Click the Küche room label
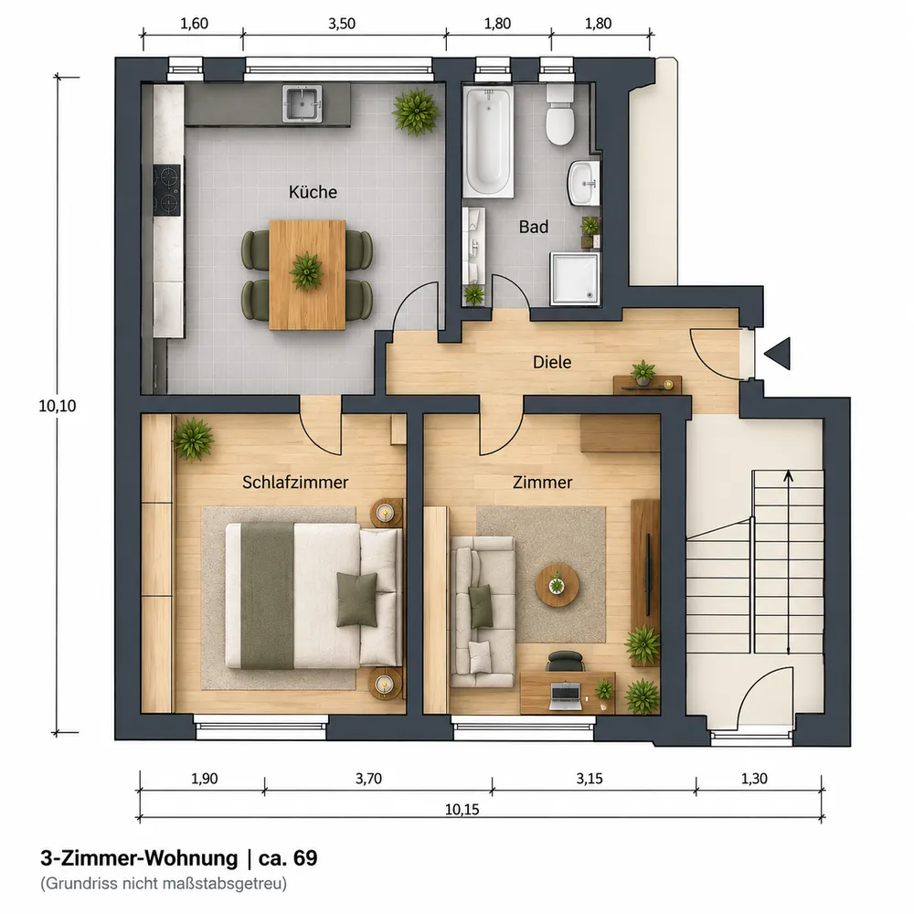point(313,192)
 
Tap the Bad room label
point(534,227)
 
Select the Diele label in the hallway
point(551,362)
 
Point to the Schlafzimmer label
point(295,483)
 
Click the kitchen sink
point(302,104)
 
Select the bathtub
point(488,143)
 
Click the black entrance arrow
point(778,353)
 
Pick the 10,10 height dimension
point(57,406)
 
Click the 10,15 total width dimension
point(462,809)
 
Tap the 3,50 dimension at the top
point(342,24)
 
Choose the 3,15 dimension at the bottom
point(590,779)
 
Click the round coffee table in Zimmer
point(558,585)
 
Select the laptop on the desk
point(566,696)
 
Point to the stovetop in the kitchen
point(167,191)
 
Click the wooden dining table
point(307,275)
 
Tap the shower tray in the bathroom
point(575,279)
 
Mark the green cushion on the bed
point(356,600)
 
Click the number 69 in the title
point(305,858)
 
